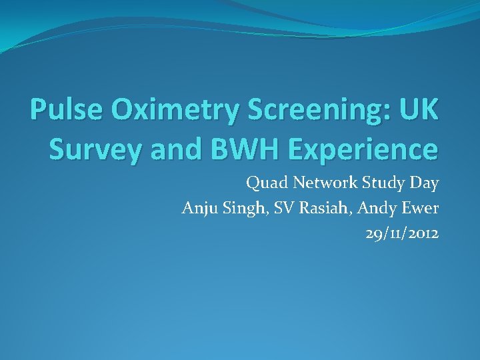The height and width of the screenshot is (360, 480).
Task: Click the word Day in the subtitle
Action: coord(424,182)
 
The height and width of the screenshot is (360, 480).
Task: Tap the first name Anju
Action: coord(197,208)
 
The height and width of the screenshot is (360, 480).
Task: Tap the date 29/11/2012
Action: coord(402,234)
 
